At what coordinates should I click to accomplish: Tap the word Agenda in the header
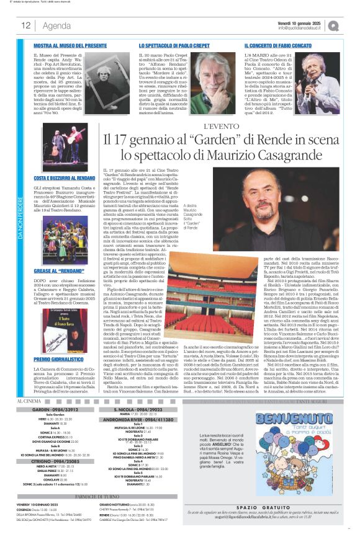point(56,25)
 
